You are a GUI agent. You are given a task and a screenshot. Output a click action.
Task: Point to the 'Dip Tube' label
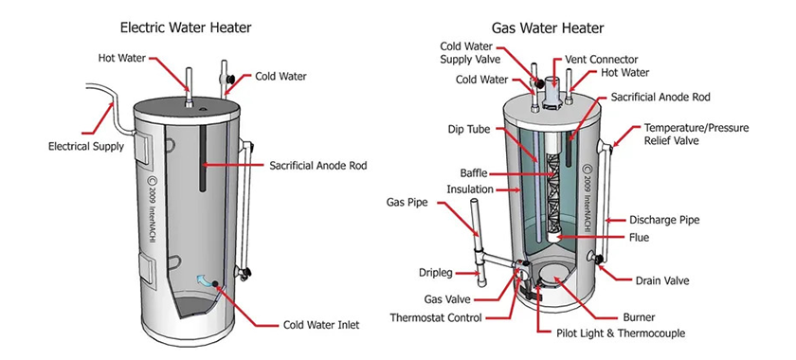click(466, 129)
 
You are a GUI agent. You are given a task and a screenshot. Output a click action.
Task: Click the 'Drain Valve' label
click(662, 280)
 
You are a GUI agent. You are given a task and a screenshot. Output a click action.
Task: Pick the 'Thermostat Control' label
click(436, 317)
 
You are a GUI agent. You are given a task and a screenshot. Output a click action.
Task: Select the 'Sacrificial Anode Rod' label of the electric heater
click(317, 166)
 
